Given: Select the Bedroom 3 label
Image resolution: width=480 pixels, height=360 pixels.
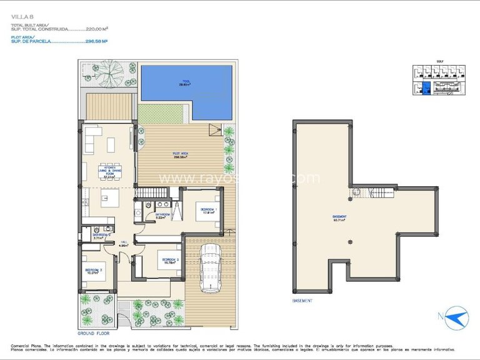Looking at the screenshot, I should [x=94, y=271].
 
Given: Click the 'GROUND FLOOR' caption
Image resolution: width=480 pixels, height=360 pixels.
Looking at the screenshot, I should [x=94, y=334].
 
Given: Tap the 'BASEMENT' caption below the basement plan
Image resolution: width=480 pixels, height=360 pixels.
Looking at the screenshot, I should [x=303, y=301].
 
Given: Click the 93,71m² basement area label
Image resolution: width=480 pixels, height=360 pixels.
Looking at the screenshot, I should [x=340, y=219].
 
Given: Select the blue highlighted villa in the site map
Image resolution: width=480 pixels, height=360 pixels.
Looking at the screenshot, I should [x=426, y=89].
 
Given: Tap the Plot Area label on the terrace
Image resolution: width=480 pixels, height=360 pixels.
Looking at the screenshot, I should [x=182, y=156].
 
